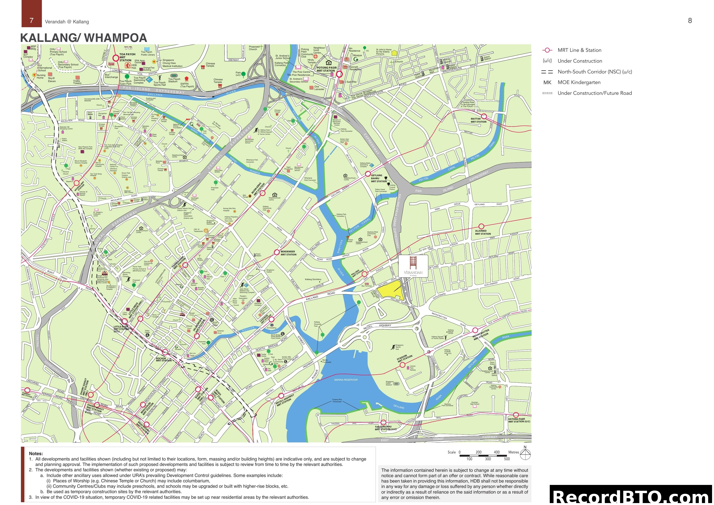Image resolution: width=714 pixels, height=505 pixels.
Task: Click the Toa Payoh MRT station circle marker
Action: pyautogui.click(x=116, y=58)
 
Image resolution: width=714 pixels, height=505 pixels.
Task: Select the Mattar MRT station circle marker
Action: pyautogui.click(x=484, y=116)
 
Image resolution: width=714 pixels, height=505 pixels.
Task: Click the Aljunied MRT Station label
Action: pyautogui.click(x=483, y=232)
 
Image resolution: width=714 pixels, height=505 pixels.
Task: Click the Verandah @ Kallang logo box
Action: pyautogui.click(x=413, y=266)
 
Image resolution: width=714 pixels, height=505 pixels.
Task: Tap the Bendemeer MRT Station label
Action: pyautogui.click(x=288, y=253)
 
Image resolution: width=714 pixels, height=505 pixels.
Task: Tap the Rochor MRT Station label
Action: pyautogui.click(x=164, y=359)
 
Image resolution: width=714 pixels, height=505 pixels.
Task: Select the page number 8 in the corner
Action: pyautogui.click(x=690, y=21)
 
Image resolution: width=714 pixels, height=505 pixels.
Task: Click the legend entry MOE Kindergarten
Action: pyautogui.click(x=579, y=82)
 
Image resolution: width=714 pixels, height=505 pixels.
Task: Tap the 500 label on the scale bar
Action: pyautogui.click(x=507, y=459)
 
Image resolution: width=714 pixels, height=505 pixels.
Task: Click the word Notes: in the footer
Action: pyautogui.click(x=36, y=454)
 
